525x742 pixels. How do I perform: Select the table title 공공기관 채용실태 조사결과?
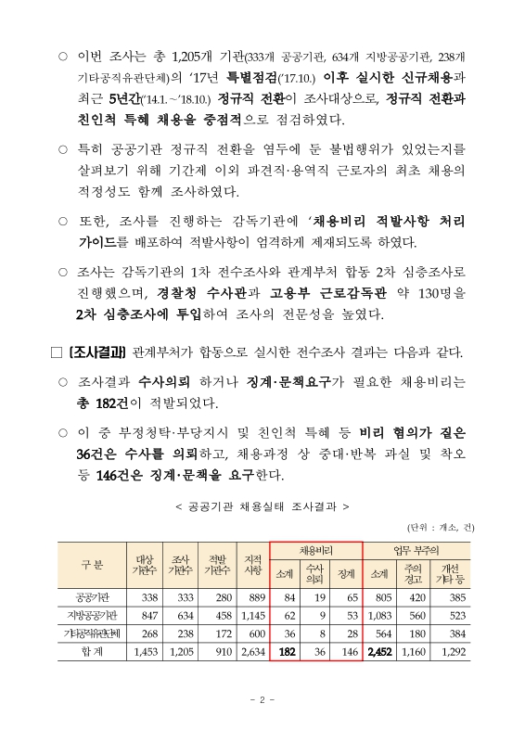[262, 506]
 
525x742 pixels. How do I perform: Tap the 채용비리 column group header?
[316, 549]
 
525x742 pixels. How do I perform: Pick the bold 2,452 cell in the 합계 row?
[380, 653]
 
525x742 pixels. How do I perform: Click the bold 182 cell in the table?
[287, 653]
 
